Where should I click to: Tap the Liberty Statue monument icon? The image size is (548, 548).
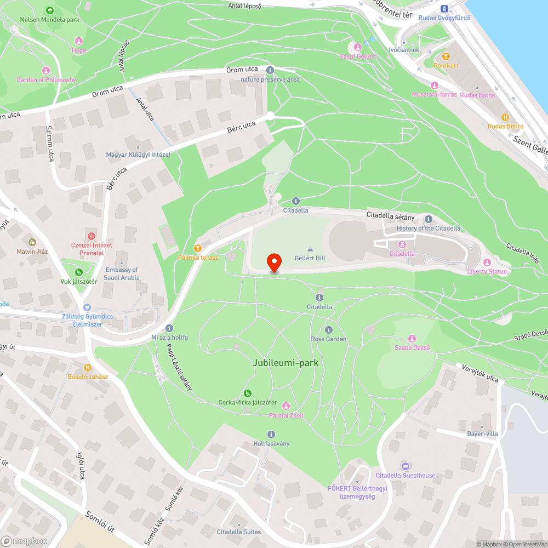tap(487, 262)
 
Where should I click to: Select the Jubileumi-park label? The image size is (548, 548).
tap(286, 363)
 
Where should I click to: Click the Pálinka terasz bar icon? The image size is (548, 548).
tap(198, 248)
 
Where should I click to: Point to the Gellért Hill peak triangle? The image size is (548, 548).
tap(310, 249)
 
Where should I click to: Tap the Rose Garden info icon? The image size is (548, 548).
tap(329, 330)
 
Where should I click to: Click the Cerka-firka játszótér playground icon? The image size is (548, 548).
tap(248, 393)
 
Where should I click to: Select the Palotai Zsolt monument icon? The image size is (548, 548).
tap(286, 406)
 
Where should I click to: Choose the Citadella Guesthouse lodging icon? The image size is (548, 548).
tap(405, 466)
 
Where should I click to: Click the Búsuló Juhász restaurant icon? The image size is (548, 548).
tap(87, 367)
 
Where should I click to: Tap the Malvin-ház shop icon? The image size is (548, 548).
tap(32, 242)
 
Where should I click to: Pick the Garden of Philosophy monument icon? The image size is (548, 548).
tap(46, 71)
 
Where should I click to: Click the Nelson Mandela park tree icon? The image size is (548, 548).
tap(50, 10)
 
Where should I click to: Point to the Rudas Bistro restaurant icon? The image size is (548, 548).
tap(505, 117)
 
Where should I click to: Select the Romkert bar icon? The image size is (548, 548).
tap(445, 56)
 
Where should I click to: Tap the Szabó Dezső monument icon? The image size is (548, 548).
tap(412, 339)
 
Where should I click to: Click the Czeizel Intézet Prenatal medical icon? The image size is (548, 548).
tap(90, 236)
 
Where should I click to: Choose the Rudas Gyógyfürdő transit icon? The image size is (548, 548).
tap(444, 8)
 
